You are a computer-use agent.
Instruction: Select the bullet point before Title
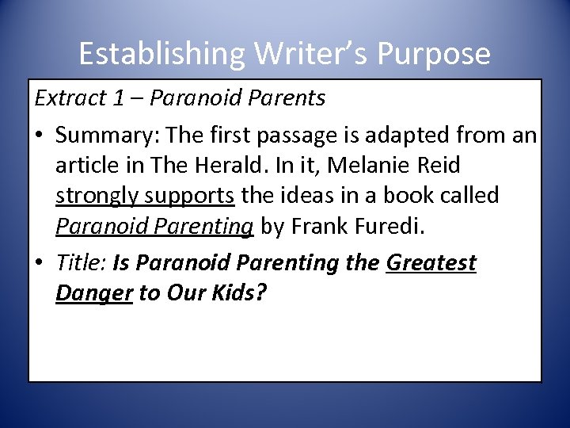[39, 263]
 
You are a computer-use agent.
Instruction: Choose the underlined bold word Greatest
[431, 263]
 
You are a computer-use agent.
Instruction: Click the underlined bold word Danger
[94, 292]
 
